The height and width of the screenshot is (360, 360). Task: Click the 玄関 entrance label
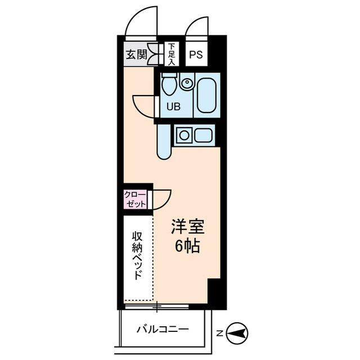click(136, 55)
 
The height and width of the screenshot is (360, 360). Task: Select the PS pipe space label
click(196, 55)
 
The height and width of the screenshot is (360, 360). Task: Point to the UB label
click(173, 106)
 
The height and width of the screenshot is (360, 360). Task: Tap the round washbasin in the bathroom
click(187, 84)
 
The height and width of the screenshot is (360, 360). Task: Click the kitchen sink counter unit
click(194, 136)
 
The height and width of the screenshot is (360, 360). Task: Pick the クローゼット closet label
click(135, 199)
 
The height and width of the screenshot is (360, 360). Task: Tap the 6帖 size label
click(187, 246)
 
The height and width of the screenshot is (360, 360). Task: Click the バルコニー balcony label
click(163, 329)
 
